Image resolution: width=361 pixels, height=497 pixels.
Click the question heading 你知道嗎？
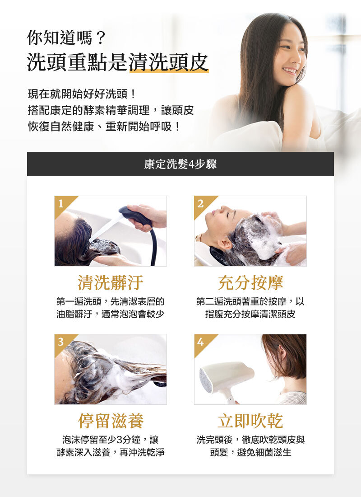pyautogui.click(x=66, y=38)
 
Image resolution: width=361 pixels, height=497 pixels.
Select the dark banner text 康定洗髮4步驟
pyautogui.click(x=180, y=164)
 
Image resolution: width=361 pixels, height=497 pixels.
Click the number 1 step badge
pyautogui.click(x=60, y=203)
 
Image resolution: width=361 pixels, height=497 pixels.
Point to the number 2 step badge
pyautogui.click(x=200, y=203)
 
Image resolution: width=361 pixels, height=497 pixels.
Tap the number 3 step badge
pyautogui.click(x=60, y=342)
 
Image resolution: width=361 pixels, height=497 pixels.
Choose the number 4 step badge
pyautogui.click(x=200, y=342)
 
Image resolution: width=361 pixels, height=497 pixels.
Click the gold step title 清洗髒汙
pyautogui.click(x=111, y=283)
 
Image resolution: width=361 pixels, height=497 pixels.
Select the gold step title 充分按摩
pyautogui.click(x=250, y=283)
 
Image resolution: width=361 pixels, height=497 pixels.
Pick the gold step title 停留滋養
pyautogui.click(x=111, y=421)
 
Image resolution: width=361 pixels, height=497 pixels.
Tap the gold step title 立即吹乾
pyautogui.click(x=250, y=421)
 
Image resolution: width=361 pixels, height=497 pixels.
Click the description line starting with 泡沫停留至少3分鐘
pyautogui.click(x=111, y=440)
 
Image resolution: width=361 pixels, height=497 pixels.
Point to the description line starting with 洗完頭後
pyautogui.click(x=250, y=440)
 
